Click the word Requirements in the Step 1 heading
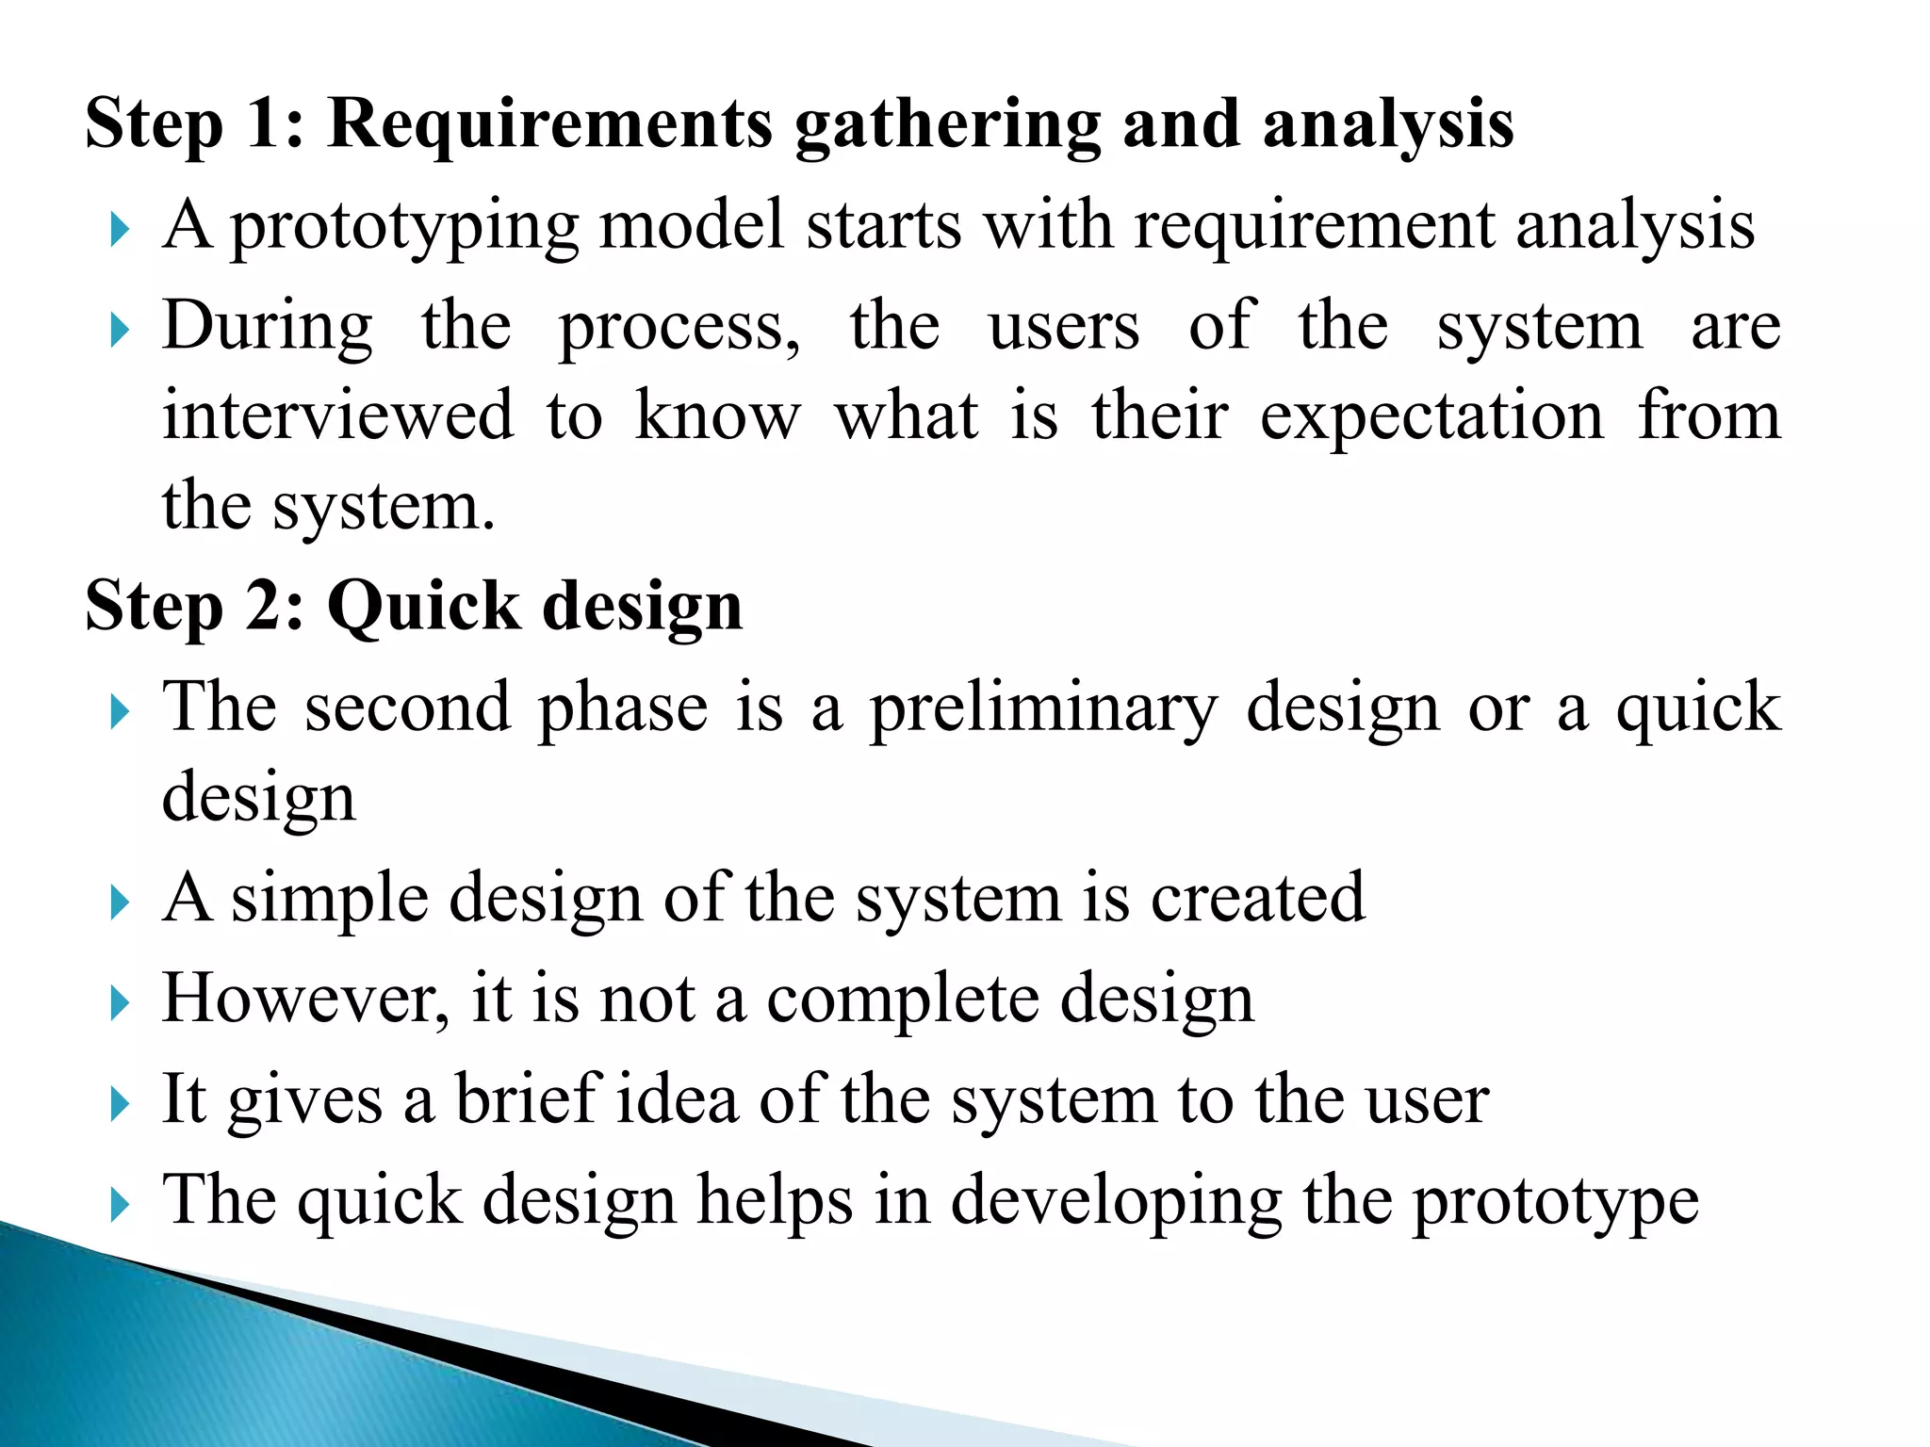point(549,124)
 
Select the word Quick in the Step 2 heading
point(423,606)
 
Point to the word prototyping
point(404,229)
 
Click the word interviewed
point(338,415)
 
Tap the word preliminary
point(1042,709)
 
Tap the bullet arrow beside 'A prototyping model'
point(118,230)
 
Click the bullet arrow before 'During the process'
point(118,330)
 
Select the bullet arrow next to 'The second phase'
point(118,712)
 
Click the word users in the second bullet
point(1064,328)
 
